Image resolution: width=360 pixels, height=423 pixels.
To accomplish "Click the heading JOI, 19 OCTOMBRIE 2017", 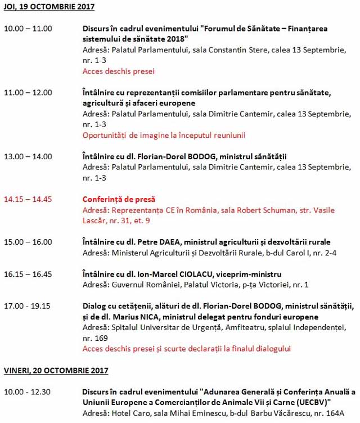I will point(49,7).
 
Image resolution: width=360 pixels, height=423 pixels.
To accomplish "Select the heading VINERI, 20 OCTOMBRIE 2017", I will point(56,371).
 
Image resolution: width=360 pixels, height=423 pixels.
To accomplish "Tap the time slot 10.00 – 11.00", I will point(28,28).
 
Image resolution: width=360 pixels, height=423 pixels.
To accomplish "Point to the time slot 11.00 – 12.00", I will point(28,92).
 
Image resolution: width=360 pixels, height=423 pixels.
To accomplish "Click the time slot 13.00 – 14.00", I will point(28,156).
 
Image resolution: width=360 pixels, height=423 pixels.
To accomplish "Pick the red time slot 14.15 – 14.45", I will point(28,199).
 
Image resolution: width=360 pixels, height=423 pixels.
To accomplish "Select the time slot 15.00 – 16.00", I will point(28,242).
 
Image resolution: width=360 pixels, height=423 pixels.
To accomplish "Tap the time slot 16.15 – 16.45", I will point(28,274).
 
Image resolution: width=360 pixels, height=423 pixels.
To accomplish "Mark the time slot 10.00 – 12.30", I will point(28,391).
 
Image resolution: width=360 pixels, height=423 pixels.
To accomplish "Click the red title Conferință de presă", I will point(119,199).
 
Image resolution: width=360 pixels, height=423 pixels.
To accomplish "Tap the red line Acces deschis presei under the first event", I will point(118,71).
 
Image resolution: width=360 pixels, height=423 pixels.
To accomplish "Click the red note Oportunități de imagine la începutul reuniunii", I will point(164,136).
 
